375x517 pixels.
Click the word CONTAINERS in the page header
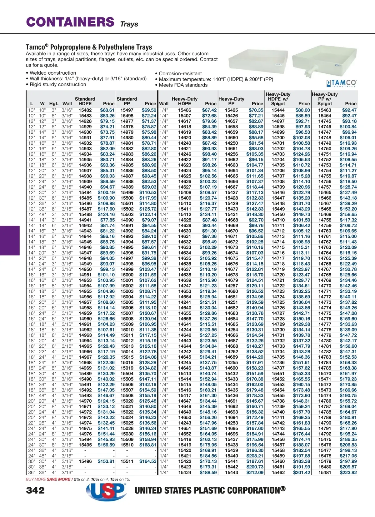pos(70,22)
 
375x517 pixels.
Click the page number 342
pos(35,490)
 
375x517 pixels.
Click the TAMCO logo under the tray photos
pos(341,83)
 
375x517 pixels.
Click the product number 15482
pos(85,110)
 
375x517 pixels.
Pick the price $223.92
pos(348,473)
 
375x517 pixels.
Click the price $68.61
pos(107,110)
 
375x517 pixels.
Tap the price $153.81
pos(106,461)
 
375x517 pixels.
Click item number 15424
pos(185,473)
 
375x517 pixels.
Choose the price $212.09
pos(255,473)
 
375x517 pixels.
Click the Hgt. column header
pos(54,104)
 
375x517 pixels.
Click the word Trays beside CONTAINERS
pos(129,24)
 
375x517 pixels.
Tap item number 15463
pos(325,110)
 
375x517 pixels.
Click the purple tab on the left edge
pos(10,241)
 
